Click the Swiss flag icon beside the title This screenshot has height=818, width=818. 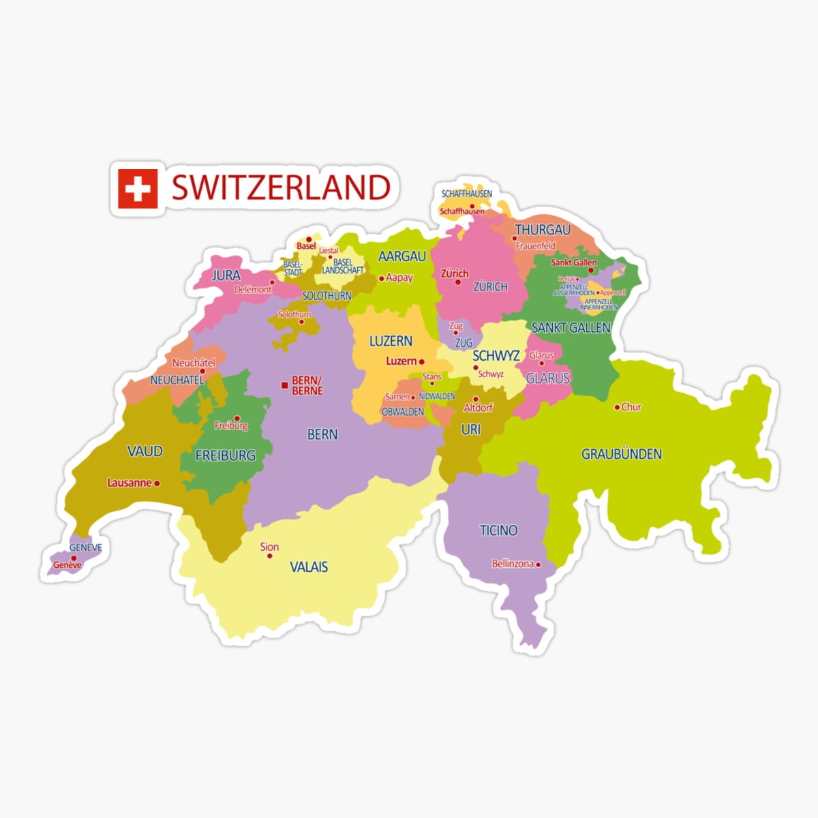click(138, 188)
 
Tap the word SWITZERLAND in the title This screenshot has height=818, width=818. click(280, 187)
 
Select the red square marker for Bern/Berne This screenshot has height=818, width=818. click(284, 385)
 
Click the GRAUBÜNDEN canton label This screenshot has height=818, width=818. click(621, 454)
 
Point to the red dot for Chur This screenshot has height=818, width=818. click(616, 408)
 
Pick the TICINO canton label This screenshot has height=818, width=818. click(498, 530)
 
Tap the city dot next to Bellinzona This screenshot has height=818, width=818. click(539, 564)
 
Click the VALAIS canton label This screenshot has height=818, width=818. click(309, 566)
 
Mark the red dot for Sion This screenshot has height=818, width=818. click(269, 556)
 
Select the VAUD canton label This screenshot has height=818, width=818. click(145, 451)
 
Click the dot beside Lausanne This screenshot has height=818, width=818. click(157, 483)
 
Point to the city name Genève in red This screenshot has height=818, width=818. click(67, 565)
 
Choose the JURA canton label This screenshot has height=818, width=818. click(226, 275)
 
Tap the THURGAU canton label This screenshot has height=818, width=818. click(543, 230)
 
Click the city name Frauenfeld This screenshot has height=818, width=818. click(536, 245)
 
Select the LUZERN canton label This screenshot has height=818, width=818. click(391, 341)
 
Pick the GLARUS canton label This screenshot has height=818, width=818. click(547, 378)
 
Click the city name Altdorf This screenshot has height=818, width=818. click(478, 408)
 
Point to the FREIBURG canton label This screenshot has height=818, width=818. click(226, 455)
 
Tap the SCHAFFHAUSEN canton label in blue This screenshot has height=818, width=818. click(466, 194)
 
